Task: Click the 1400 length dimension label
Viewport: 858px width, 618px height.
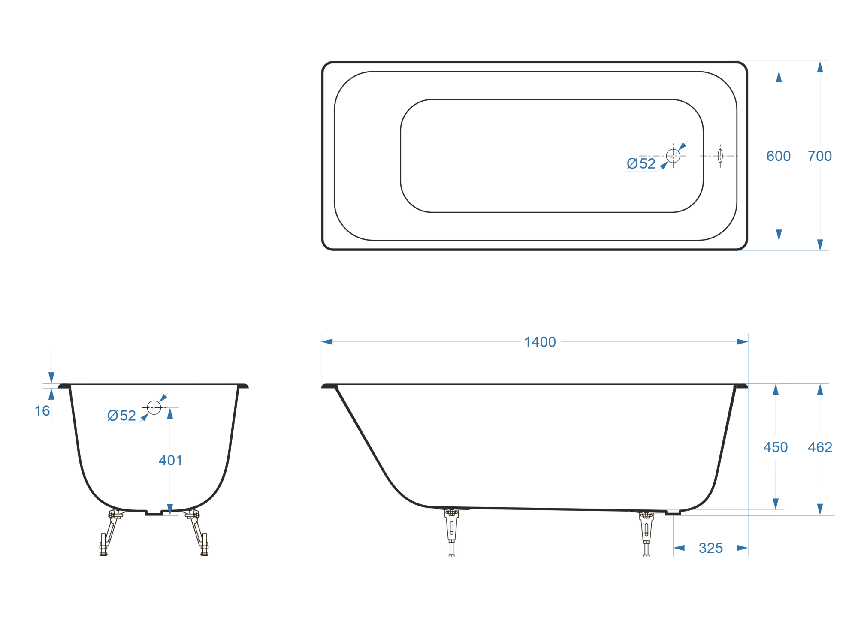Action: point(540,342)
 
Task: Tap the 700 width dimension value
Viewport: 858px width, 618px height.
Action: point(820,156)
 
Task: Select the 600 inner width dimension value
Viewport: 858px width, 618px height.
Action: point(779,156)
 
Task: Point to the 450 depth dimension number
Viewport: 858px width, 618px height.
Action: point(776,447)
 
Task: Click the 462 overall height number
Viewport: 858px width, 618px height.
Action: point(820,447)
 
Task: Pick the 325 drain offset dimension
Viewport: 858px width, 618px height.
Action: point(711,548)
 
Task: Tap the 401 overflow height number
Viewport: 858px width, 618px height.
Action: point(170,461)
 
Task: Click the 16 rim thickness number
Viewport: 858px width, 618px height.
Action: point(42,411)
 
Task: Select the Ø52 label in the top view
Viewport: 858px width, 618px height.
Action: point(641,163)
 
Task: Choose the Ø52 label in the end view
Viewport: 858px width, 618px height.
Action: point(121,416)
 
